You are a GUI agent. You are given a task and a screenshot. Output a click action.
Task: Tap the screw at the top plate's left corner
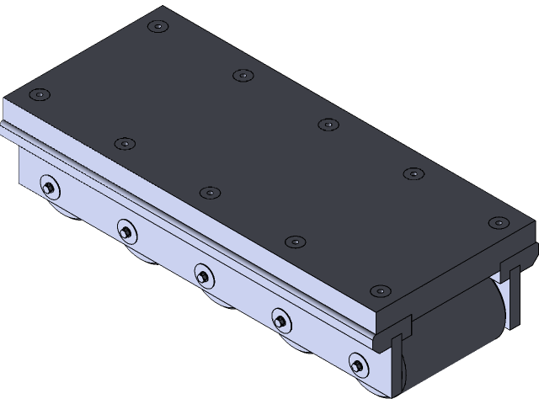pos(39,95)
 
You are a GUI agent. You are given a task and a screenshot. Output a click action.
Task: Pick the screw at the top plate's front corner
pos(380,290)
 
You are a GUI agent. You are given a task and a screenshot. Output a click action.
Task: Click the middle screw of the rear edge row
pos(328,125)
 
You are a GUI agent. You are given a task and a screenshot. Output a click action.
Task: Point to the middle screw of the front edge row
pos(210,193)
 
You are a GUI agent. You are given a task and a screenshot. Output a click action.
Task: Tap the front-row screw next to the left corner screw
pos(125,144)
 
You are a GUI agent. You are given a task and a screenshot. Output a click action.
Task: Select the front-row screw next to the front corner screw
pos(295,242)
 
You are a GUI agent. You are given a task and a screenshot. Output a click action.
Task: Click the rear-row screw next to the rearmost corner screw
pos(243,75)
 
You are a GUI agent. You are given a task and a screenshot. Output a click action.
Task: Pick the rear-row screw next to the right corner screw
pos(413,173)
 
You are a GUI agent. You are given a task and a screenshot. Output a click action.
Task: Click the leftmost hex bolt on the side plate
pos(49,187)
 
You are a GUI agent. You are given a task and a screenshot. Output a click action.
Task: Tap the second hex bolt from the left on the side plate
pos(126,230)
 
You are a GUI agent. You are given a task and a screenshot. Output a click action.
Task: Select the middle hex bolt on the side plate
pos(203,274)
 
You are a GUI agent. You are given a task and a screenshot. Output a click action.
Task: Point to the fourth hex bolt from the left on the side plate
pos(280,318)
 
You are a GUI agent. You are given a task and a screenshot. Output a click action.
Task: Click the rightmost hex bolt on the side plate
pos(358,364)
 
